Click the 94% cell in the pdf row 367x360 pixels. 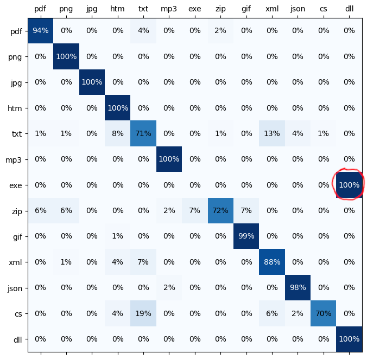click(x=41, y=31)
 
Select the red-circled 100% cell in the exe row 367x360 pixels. click(x=349, y=185)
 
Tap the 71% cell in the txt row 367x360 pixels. click(x=143, y=134)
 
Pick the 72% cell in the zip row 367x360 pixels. click(x=220, y=211)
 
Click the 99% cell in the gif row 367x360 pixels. click(x=246, y=236)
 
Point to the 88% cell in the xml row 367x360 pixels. click(x=272, y=262)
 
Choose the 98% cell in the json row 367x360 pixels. click(x=298, y=288)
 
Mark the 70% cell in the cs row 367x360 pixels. click(x=324, y=313)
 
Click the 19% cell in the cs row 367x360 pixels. click(x=143, y=313)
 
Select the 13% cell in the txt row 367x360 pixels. click(x=272, y=134)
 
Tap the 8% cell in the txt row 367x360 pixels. click(x=118, y=134)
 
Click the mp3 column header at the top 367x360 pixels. click(x=169, y=9)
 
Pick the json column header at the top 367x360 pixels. click(x=298, y=9)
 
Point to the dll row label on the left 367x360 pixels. click(x=17, y=339)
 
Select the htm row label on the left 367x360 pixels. click(x=16, y=108)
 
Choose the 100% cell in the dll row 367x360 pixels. click(x=349, y=339)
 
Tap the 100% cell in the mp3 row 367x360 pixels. click(x=169, y=159)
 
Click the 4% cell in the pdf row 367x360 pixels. click(x=143, y=31)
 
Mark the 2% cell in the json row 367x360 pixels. click(x=169, y=288)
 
